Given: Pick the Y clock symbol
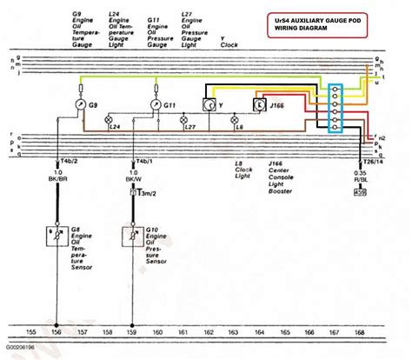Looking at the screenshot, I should (x=209, y=104).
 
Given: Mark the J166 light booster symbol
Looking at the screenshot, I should (x=258, y=105).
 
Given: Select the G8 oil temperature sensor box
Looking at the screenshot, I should (x=58, y=237).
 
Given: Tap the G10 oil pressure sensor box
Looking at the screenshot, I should (x=134, y=237).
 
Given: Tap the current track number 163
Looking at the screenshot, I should (x=234, y=332).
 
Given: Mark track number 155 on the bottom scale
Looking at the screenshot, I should (x=32, y=332).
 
